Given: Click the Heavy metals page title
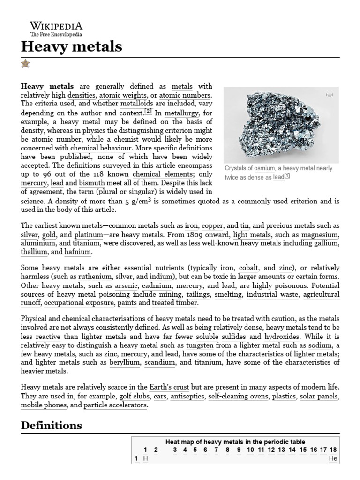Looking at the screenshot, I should pyautogui.click(x=72, y=46).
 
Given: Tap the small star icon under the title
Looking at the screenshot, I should pyautogui.click(x=25, y=63).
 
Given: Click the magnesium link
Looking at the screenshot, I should pyautogui.click(x=320, y=234).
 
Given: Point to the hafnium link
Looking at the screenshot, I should pyautogui.click(x=77, y=252).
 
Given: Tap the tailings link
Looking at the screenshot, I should pyautogui.click(x=198, y=294).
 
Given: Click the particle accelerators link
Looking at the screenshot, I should pyautogui.click(x=115, y=405).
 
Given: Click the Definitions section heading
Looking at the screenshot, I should pyautogui.click(x=52, y=425).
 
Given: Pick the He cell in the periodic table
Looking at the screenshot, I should pyautogui.click(x=333, y=458).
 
